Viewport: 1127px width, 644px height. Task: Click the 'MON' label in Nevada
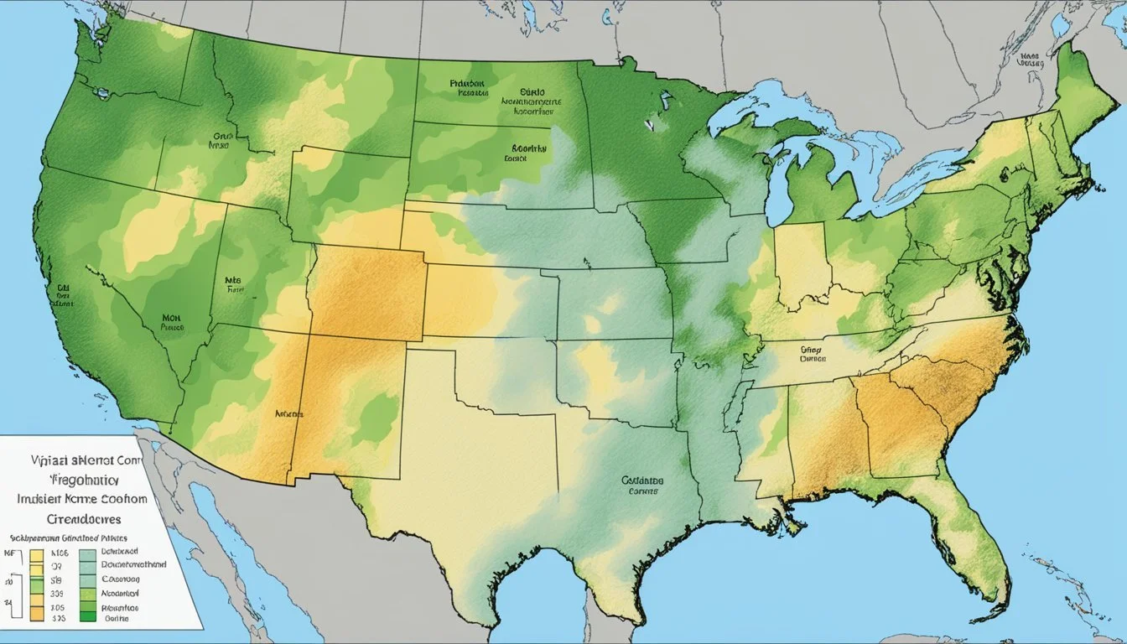172,319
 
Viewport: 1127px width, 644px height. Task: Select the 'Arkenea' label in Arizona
288,413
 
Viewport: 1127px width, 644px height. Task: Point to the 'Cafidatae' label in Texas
642,481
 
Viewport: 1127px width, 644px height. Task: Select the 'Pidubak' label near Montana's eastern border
468,84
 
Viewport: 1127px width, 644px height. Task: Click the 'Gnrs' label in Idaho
221,133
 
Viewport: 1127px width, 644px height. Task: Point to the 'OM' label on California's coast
62,286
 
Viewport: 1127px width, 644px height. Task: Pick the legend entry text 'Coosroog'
122,579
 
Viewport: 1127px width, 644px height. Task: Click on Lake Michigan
779,184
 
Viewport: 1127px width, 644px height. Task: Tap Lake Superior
755,109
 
